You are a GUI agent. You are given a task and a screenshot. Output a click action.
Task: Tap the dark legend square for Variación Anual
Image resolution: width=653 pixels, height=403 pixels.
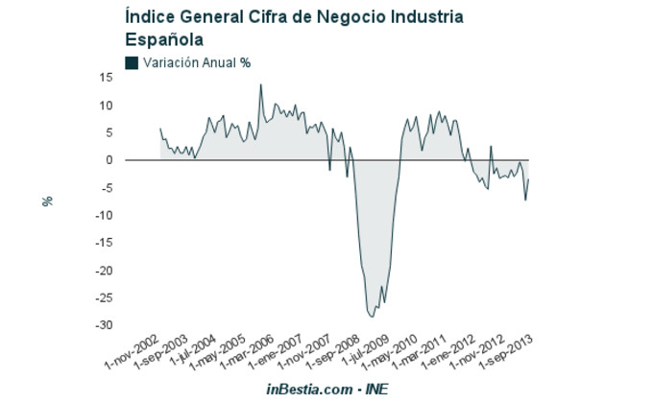pyautogui.click(x=132, y=62)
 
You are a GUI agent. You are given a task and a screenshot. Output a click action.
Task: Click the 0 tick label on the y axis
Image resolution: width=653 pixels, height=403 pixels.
pyautogui.click(x=109, y=160)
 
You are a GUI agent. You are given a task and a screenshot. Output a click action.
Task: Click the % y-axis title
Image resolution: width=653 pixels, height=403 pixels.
pyautogui.click(x=46, y=201)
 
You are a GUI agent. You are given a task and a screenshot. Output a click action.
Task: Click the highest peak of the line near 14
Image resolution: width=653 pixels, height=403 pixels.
pyautogui.click(x=260, y=84)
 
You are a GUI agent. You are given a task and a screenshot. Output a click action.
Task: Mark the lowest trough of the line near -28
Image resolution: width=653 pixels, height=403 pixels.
pyautogui.click(x=373, y=316)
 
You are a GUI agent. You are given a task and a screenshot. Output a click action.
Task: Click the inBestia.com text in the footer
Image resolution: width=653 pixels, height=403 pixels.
pyautogui.click(x=309, y=389)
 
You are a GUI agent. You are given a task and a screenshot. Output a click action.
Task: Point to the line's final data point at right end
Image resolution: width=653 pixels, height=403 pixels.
pyautogui.click(x=529, y=179)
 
